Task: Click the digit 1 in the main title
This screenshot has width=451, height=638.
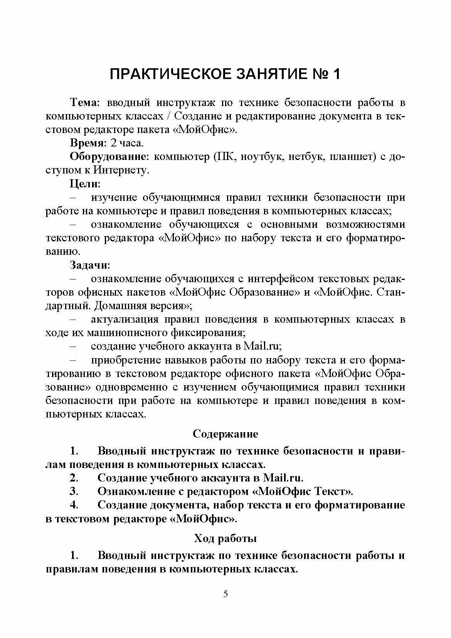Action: tap(335, 74)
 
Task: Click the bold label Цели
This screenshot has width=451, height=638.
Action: tap(85, 184)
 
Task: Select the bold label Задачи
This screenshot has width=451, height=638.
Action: tap(89, 265)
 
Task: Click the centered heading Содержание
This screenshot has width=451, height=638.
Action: tap(225, 434)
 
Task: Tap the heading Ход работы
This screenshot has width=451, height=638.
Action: tap(225, 538)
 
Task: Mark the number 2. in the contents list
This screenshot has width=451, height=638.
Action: tap(74, 478)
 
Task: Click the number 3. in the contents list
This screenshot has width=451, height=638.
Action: tap(74, 492)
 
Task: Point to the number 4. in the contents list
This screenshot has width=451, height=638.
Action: tap(74, 505)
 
